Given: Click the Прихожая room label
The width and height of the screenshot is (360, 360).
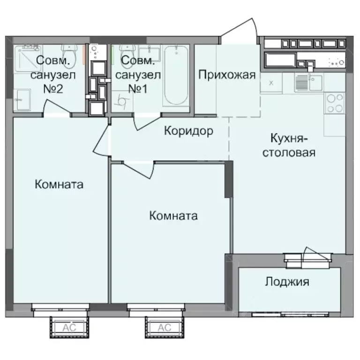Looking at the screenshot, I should [226, 75].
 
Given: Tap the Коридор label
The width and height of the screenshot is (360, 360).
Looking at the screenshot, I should [188, 131].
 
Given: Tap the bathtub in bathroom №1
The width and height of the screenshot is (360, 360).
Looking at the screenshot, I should [176, 76].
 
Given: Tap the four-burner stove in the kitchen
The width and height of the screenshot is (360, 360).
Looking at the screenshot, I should [334, 103].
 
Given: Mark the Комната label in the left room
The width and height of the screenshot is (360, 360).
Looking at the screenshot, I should [59, 185].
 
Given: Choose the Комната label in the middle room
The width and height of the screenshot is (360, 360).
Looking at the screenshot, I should [173, 216].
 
